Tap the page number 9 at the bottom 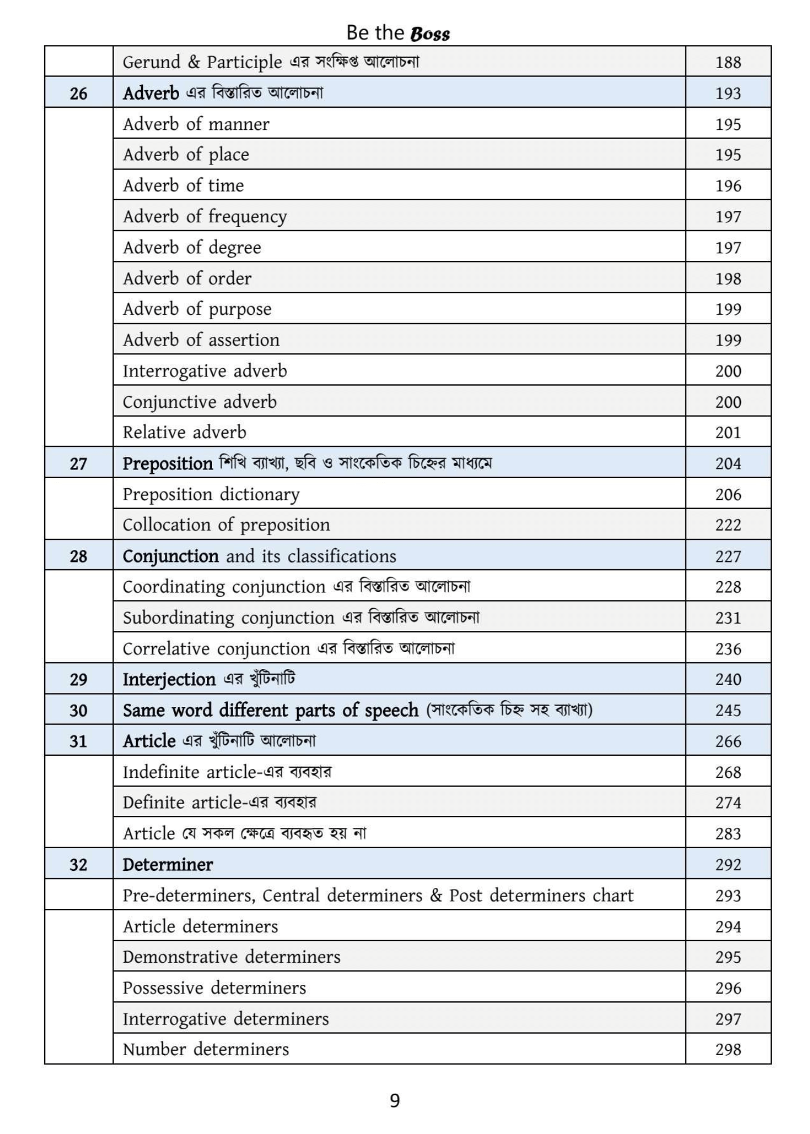(x=395, y=1101)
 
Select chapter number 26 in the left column (x=78, y=93)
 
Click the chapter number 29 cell (x=78, y=679)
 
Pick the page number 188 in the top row (x=728, y=62)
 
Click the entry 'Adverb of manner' (x=196, y=124)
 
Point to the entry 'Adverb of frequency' (x=205, y=217)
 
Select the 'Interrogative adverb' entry (x=205, y=371)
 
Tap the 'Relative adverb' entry (x=184, y=433)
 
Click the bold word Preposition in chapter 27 (x=167, y=464)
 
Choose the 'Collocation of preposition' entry (x=226, y=525)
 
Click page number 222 (x=728, y=525)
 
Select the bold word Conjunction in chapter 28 (x=171, y=556)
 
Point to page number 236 (x=728, y=649)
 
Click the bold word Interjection (x=169, y=679)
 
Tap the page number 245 (x=728, y=710)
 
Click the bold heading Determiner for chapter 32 (x=168, y=865)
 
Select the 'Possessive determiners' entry (x=214, y=988)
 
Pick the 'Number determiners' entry (x=206, y=1050)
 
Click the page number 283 (x=728, y=833)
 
